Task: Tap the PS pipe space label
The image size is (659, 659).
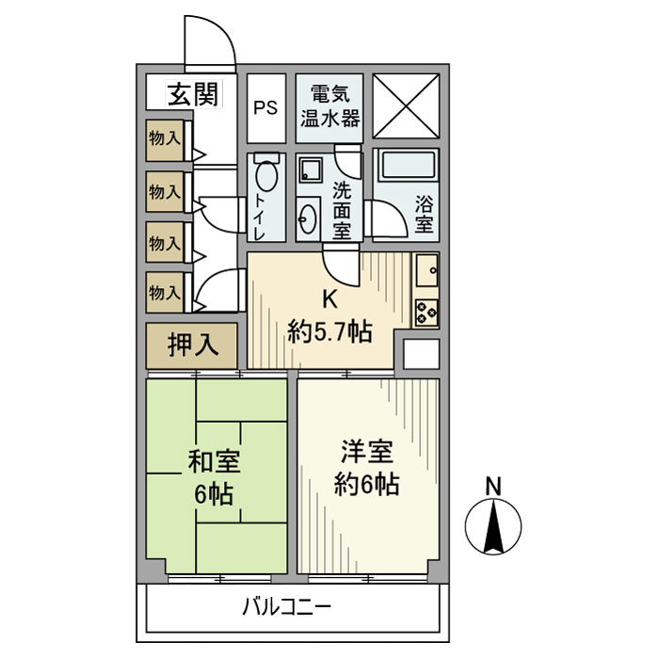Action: click(265, 106)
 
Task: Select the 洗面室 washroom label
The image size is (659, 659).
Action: click(341, 208)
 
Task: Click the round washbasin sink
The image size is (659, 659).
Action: click(308, 221)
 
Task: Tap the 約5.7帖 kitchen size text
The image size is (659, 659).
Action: click(329, 330)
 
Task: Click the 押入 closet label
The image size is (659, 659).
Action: click(193, 346)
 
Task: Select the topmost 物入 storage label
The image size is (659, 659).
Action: click(165, 137)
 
